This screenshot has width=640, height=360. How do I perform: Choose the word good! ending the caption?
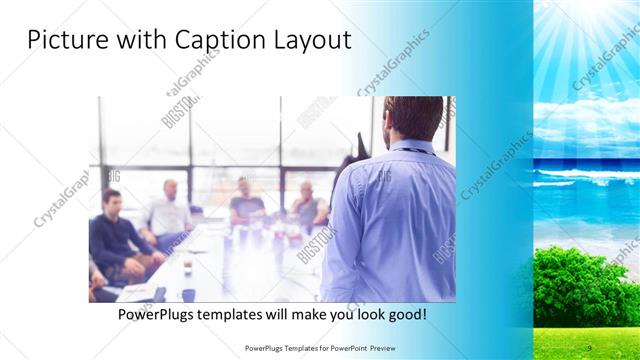[402, 314]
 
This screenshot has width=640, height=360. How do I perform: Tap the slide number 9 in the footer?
[591, 347]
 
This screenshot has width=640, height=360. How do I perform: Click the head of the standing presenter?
[412, 118]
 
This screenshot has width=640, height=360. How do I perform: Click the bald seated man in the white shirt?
[168, 212]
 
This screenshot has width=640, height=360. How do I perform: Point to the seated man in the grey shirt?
[306, 204]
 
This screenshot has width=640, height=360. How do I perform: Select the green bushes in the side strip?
[586, 285]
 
